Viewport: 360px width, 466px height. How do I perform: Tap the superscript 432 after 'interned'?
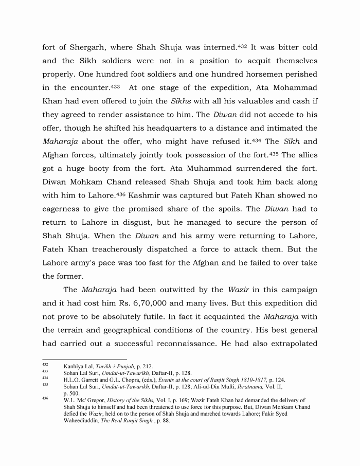[x=242, y=46]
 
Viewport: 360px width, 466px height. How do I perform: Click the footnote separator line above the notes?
[x=84, y=373]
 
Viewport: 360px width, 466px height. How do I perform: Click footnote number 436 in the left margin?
[x=45, y=398]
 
